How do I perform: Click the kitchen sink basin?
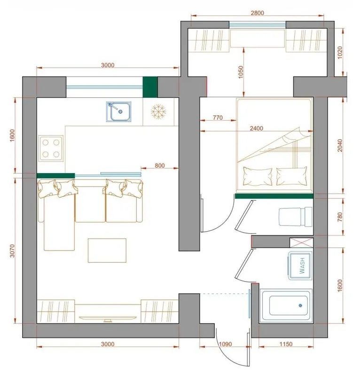click(x=119, y=111)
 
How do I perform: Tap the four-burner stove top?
click(x=51, y=149)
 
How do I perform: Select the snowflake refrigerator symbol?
click(x=158, y=111)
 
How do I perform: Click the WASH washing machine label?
click(x=302, y=266)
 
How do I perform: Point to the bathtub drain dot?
click(x=300, y=305)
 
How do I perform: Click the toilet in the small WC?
click(x=296, y=217)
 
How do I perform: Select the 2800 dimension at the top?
click(x=258, y=13)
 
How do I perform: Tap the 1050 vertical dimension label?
click(x=241, y=72)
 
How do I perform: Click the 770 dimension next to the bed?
click(x=218, y=117)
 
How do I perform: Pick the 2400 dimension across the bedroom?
click(x=257, y=128)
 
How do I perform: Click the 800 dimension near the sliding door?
click(x=160, y=165)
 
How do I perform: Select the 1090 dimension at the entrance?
click(x=226, y=344)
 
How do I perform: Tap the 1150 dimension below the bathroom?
click(x=286, y=344)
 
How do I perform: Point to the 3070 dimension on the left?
click(x=12, y=251)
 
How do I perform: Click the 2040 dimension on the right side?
click(x=340, y=146)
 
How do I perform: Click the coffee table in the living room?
click(x=107, y=251)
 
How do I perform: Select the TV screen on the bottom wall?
click(x=108, y=318)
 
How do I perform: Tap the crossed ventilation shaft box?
click(x=301, y=243)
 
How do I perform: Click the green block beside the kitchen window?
click(x=150, y=87)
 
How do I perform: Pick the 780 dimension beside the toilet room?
click(x=340, y=217)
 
